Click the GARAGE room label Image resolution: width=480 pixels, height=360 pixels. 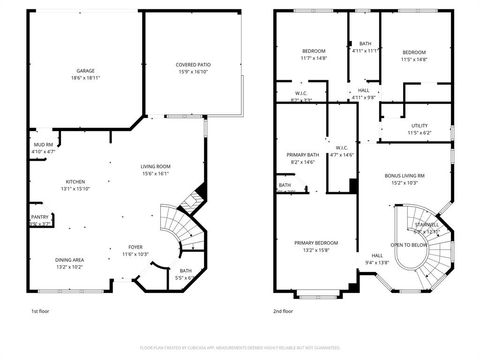click(86, 71)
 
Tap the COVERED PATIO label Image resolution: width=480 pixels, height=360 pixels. click(193, 65)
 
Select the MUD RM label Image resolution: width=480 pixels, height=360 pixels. click(42, 145)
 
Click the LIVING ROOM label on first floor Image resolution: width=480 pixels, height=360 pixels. click(155, 166)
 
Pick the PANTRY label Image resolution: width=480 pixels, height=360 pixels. click(40, 217)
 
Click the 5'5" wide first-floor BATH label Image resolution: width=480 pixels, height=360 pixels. click(186, 270)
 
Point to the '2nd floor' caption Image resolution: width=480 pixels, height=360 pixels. click(284, 311)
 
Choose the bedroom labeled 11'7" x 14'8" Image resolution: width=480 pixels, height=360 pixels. click(314, 51)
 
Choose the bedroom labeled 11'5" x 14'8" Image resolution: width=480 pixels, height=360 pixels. click(414, 52)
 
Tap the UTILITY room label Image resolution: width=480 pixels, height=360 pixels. click(419, 126)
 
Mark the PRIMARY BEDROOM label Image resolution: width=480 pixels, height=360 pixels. click(315, 243)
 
